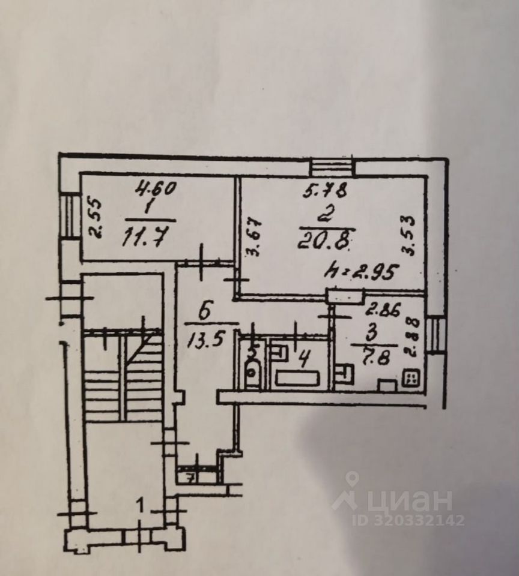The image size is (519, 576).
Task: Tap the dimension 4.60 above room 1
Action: pyautogui.click(x=154, y=189)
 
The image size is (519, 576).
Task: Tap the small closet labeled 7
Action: pyautogui.click(x=190, y=478)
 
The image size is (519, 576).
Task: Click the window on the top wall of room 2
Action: pyautogui.click(x=332, y=166)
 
